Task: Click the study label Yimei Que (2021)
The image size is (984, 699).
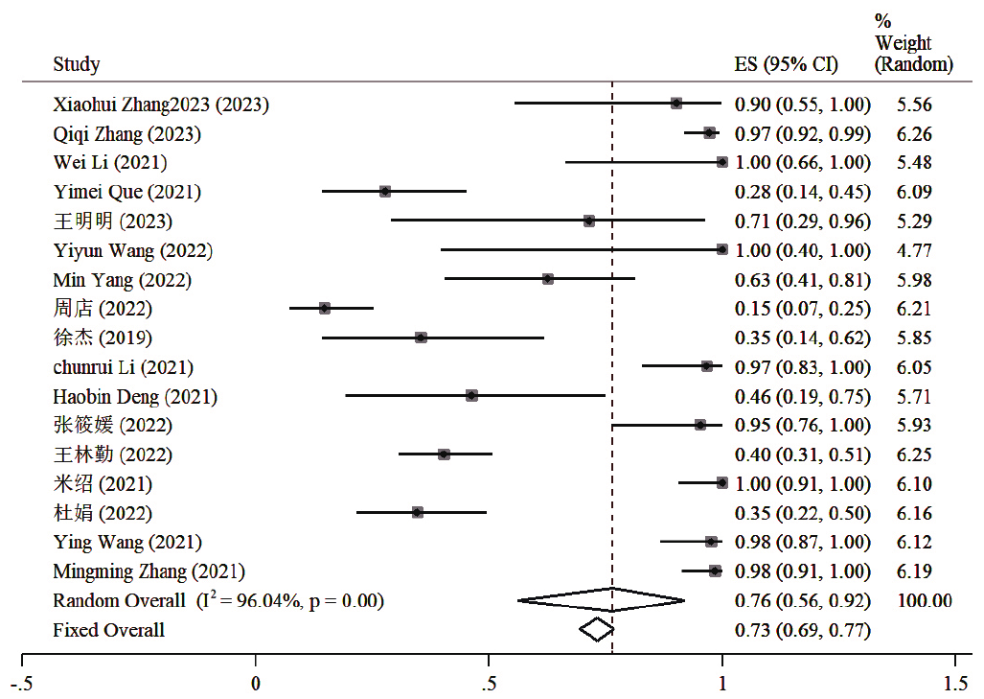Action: tap(127, 192)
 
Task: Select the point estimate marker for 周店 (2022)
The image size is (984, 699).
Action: tap(325, 309)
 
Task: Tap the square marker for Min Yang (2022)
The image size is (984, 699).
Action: tap(547, 279)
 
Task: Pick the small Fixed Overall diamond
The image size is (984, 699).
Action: tap(596, 630)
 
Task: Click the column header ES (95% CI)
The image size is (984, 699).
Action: tap(786, 65)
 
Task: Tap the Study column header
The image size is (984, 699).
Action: tap(77, 65)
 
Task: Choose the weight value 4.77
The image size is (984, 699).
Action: tap(914, 250)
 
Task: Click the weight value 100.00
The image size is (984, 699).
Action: tap(925, 601)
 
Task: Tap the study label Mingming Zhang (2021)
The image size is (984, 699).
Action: tap(149, 571)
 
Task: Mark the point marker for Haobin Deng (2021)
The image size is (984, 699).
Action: tap(471, 396)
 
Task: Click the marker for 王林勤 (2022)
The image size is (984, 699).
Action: tap(444, 454)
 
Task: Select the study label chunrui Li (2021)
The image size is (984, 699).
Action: tap(124, 367)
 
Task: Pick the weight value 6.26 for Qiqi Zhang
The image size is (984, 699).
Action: tap(914, 133)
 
